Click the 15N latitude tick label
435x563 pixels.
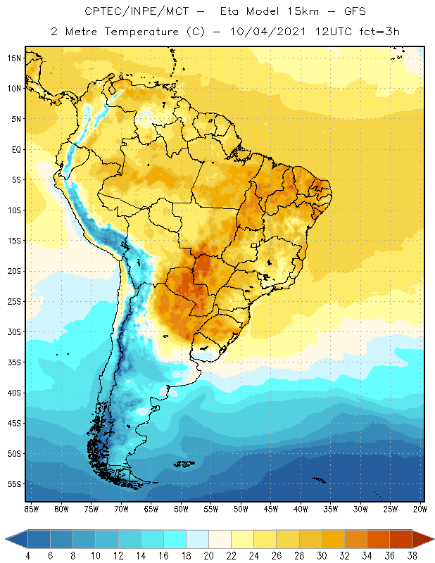coord(14,58)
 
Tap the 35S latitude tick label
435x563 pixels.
coord(14,362)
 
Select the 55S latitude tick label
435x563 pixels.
coord(14,484)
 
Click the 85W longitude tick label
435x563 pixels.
coord(32,508)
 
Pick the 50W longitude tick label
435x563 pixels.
coord(241,508)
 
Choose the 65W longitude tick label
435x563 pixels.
coord(151,508)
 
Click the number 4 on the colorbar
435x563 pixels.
coord(28,556)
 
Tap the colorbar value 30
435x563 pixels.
coord(322,556)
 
